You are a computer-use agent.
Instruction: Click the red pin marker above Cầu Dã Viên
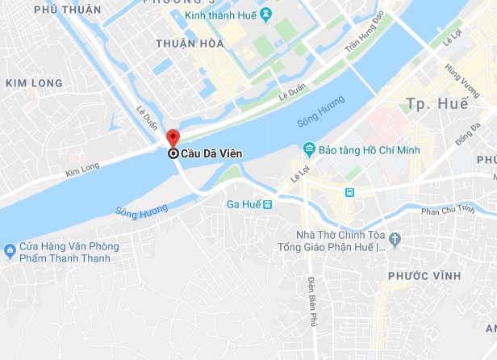[172, 137]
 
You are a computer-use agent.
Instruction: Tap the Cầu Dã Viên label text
[211, 153]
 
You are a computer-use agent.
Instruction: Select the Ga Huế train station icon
[269, 204]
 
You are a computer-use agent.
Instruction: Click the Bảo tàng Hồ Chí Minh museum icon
[308, 149]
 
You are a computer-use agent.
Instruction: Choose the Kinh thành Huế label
[228, 15]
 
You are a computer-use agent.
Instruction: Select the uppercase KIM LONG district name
[33, 83]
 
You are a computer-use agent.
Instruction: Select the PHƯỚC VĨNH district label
[417, 276]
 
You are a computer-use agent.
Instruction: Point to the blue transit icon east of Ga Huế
[349, 192]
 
